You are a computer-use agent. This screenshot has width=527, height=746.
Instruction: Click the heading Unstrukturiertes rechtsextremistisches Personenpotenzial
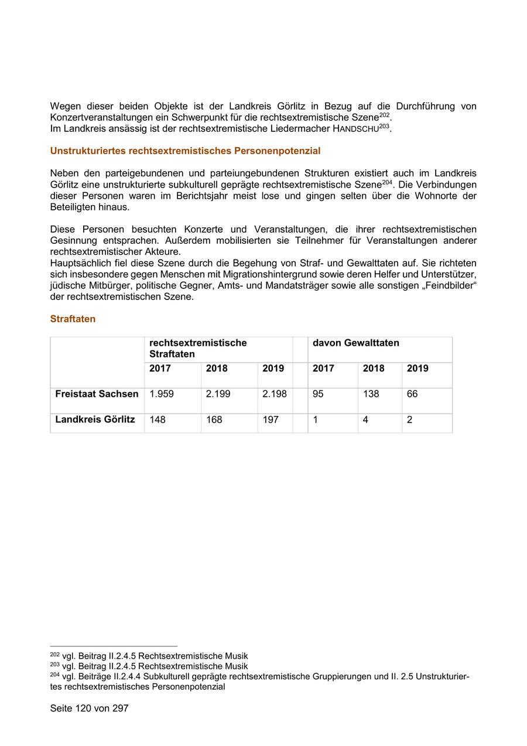point(185,151)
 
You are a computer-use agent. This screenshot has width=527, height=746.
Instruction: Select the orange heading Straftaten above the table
point(73,319)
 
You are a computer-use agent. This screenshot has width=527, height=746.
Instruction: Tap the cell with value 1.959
point(162,394)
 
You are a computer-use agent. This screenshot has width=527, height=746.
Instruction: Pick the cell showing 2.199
point(218,394)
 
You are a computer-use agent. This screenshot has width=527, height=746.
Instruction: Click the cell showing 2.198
point(274,394)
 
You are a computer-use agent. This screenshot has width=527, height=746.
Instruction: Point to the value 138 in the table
point(371,394)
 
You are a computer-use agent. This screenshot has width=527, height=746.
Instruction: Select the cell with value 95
point(318,394)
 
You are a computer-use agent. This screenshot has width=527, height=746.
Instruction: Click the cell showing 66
point(412,394)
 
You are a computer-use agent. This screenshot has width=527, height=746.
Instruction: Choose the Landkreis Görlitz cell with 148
point(158,420)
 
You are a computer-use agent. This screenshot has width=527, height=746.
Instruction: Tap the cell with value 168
point(214,420)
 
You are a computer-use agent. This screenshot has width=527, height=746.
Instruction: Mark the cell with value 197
point(270,420)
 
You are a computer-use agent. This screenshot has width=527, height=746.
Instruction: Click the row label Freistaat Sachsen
point(97,394)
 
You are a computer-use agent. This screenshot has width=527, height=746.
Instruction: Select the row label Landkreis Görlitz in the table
point(95,420)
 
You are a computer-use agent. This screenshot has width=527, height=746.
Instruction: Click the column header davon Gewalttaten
point(355,343)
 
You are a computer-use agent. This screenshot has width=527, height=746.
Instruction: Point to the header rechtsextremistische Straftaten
point(198,348)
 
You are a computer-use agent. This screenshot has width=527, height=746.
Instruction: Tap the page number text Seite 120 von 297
point(89,708)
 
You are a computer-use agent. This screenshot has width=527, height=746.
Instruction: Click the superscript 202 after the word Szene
point(384,115)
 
